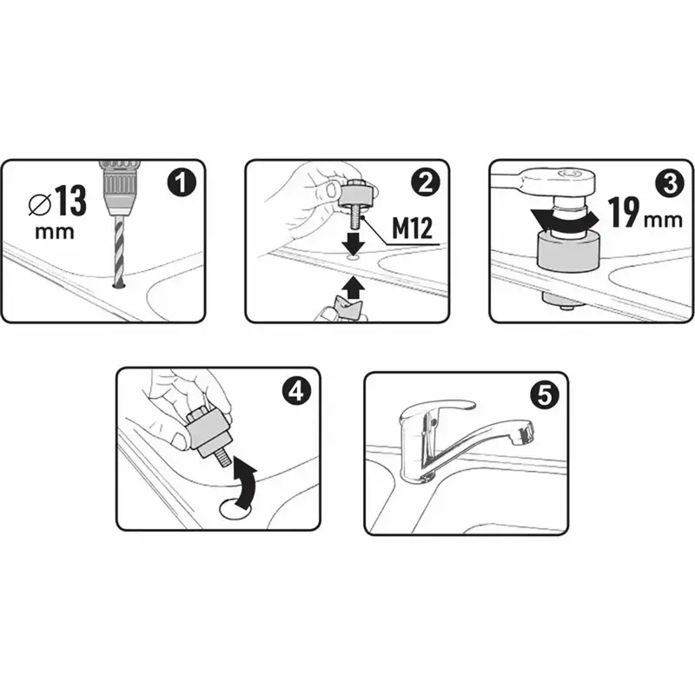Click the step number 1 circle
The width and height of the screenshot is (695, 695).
click(x=182, y=183)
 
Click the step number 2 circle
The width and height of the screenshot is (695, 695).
click(x=425, y=183)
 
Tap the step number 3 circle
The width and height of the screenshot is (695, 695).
click(x=670, y=183)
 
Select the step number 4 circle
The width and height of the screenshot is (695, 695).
click(x=296, y=391)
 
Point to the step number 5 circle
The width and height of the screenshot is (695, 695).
click(x=545, y=395)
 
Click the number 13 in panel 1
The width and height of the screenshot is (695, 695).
click(x=71, y=201)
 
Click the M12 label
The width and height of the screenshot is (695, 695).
click(x=412, y=229)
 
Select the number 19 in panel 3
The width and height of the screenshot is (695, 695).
click(x=625, y=212)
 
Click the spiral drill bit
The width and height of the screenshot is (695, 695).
click(x=118, y=250)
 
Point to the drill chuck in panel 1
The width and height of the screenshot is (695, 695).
click(x=118, y=189)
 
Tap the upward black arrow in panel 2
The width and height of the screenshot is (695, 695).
click(x=353, y=288)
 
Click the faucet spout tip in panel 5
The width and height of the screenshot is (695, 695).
click(x=522, y=432)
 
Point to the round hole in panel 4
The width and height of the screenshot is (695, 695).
click(x=236, y=507)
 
